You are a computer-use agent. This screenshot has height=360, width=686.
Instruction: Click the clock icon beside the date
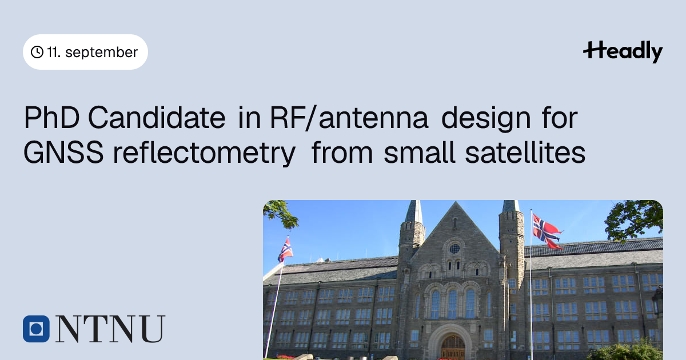(x=37, y=52)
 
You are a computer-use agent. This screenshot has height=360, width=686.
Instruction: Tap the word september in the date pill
(x=101, y=53)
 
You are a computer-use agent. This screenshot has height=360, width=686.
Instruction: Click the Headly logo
(x=623, y=51)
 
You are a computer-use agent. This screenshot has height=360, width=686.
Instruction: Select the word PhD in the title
(x=52, y=117)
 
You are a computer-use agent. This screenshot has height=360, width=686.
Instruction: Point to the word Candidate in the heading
(x=157, y=117)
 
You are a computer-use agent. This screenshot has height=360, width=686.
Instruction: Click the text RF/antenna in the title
(x=349, y=117)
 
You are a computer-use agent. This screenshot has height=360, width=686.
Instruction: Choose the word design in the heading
(x=486, y=119)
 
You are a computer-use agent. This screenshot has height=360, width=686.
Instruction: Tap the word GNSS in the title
(x=63, y=152)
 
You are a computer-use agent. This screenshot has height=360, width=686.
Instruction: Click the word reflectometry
(x=204, y=154)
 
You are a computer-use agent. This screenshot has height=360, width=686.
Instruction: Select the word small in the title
(x=419, y=152)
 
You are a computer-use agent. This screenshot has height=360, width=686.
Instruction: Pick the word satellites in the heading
(x=525, y=152)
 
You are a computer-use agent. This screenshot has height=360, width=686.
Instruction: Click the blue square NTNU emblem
(x=36, y=329)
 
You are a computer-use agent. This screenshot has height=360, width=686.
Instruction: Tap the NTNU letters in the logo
(x=110, y=329)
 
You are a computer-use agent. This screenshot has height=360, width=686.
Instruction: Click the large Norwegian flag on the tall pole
(x=547, y=231)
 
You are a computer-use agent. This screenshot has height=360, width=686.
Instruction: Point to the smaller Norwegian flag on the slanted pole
(x=285, y=250)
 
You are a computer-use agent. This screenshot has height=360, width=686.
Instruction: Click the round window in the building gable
(x=455, y=249)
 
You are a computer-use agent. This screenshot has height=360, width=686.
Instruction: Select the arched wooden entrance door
(x=453, y=348)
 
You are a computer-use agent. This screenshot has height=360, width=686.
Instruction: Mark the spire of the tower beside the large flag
(x=511, y=206)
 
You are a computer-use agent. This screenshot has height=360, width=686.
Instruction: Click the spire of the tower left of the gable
(x=414, y=211)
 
